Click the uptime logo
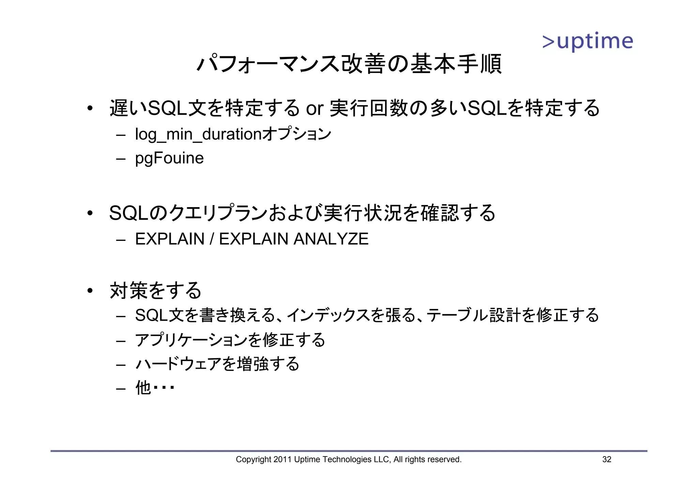pos(587,42)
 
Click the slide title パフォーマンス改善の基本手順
pos(349,64)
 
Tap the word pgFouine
pos(169,158)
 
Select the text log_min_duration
pos(198,134)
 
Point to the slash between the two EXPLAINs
pos(212,239)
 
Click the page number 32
pos(607,460)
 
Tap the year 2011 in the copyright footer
pos(283,460)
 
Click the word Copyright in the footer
pos(254,460)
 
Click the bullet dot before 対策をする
pos(90,291)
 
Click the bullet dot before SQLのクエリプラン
pos(90,214)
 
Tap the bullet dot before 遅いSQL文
pos(90,109)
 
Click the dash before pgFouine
pos(121,159)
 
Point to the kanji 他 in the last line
pos(143,388)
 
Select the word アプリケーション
pos(191,340)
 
